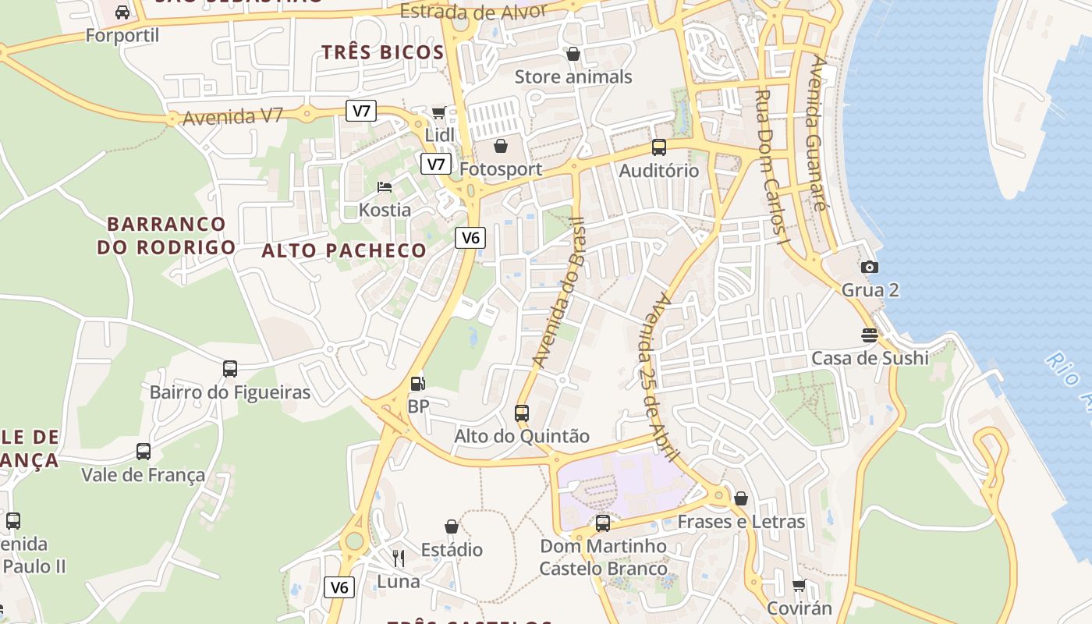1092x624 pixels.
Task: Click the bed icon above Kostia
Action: [x=384, y=187]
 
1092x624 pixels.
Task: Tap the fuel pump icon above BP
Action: [x=418, y=384]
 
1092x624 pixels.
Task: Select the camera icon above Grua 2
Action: [x=870, y=268]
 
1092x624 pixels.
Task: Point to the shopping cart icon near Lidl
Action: [x=438, y=113]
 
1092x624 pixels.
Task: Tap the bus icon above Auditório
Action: [x=659, y=147]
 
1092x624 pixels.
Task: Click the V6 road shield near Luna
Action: [x=339, y=587]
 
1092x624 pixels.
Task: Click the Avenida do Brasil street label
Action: [x=558, y=292]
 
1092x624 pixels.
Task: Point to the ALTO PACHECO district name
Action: [x=344, y=250]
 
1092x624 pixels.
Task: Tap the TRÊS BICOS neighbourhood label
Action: [x=383, y=52]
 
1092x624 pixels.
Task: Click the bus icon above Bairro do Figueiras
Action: [x=229, y=369]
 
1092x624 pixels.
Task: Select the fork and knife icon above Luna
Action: [x=399, y=558]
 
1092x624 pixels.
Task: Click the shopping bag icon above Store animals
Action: [x=573, y=54]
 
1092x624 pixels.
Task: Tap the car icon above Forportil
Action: [x=122, y=12]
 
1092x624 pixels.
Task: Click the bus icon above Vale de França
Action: [x=144, y=452]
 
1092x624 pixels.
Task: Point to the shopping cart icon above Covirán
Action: [x=799, y=585]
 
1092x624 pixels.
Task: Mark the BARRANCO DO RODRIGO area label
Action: [x=166, y=236]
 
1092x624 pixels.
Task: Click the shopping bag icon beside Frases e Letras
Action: [x=741, y=498]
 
